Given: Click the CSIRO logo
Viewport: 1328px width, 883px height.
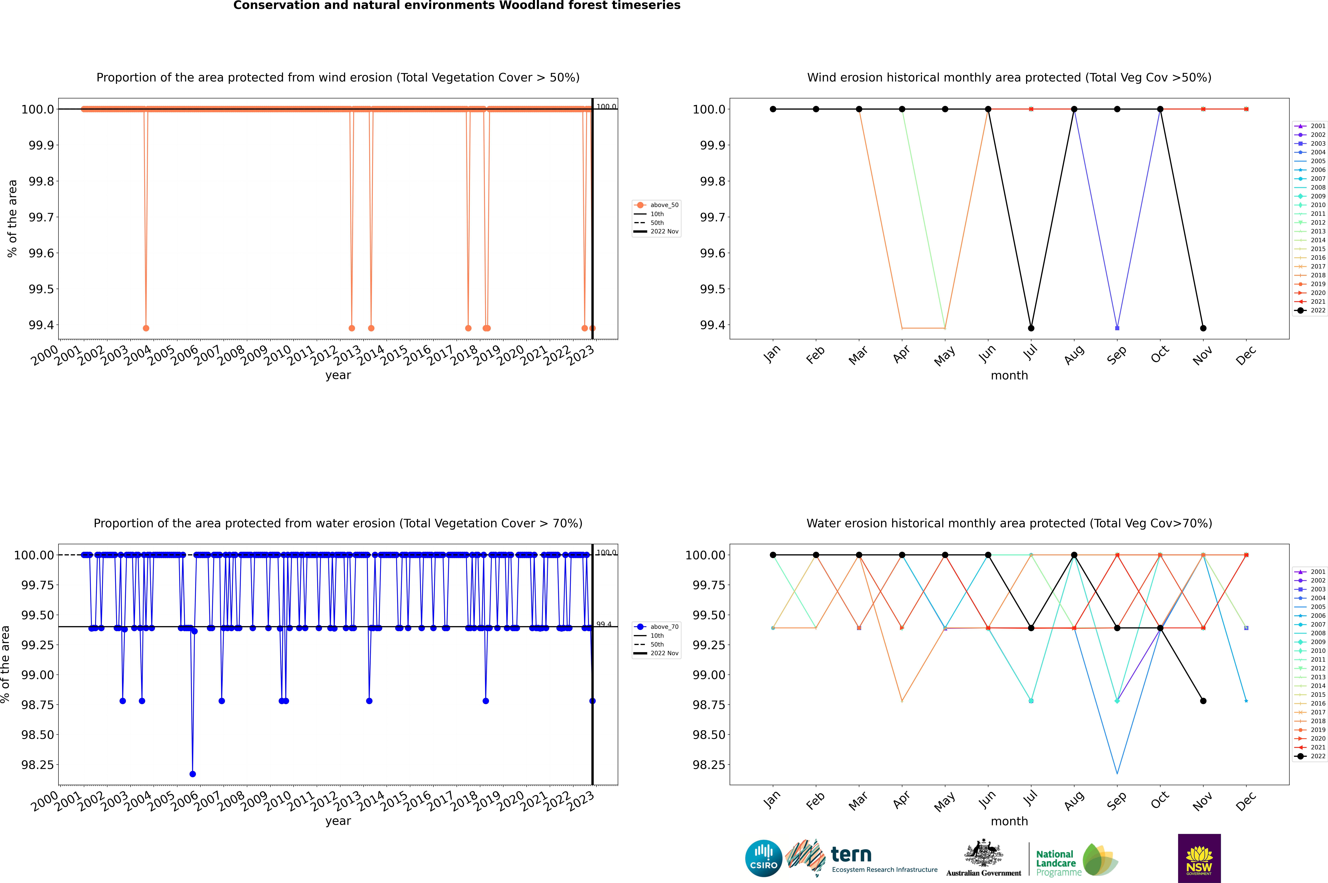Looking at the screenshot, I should pyautogui.click(x=763, y=858).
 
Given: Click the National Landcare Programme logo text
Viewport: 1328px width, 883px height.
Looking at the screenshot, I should pyautogui.click(x=1056, y=863).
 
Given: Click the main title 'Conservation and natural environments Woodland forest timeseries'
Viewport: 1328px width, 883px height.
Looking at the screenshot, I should pyautogui.click(x=457, y=6).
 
